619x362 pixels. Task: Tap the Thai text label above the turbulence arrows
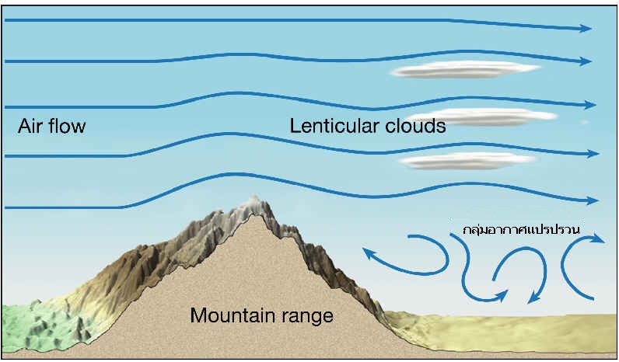(521, 229)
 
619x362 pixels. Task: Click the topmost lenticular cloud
(465, 69)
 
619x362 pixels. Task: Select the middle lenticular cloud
(482, 117)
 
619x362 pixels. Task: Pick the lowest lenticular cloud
(467, 161)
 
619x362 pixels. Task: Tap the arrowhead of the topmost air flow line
(586, 28)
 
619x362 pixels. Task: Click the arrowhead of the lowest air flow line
(593, 200)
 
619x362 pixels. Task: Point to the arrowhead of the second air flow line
(586, 61)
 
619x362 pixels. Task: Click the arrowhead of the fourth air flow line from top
(593, 153)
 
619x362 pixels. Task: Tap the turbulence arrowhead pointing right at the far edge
(599, 238)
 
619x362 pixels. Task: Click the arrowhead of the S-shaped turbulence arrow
(502, 295)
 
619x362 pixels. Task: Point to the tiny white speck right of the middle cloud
(585, 123)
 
